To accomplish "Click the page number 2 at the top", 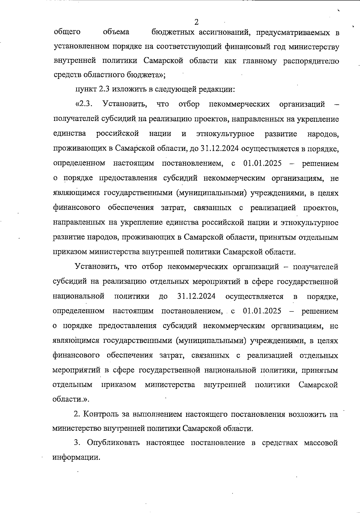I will tap(196, 22).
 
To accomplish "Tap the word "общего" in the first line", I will tap(67, 32).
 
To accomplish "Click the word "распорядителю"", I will tap(311, 61).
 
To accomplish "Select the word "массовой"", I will tap(321, 443).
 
